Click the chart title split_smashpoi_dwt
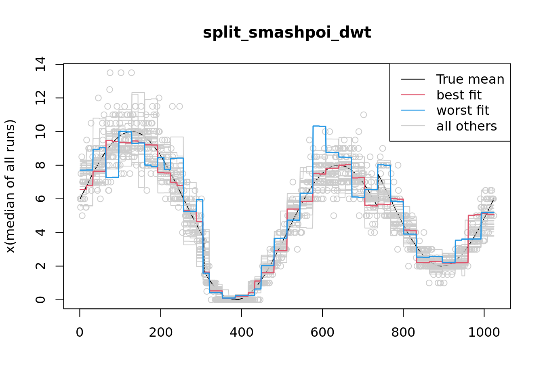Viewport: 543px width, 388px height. pyautogui.click(x=287, y=33)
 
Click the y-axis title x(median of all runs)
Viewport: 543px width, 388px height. pyautogui.click(x=11, y=186)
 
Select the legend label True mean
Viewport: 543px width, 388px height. pyautogui.click(x=470, y=79)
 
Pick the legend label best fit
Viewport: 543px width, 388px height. pyautogui.click(x=459, y=95)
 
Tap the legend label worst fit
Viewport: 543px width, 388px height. pyautogui.click(x=463, y=110)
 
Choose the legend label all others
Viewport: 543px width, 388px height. pyautogui.click(x=467, y=126)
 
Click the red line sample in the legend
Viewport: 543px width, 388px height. pyautogui.click(x=413, y=95)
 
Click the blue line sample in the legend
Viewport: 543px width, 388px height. pyautogui.click(x=413, y=110)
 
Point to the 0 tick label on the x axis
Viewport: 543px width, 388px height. pyautogui.click(x=80, y=332)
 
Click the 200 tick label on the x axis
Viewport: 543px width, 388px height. pyautogui.click(x=160, y=332)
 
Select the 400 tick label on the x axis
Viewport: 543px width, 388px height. pyautogui.click(x=241, y=332)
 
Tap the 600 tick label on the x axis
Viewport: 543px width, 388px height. pyautogui.click(x=322, y=332)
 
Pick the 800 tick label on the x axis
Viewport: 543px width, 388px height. pyautogui.click(x=403, y=332)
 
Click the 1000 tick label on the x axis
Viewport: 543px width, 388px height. pyautogui.click(x=484, y=332)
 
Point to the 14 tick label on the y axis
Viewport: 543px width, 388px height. pyautogui.click(x=40, y=64)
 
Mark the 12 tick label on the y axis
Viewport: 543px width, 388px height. pyautogui.click(x=40, y=98)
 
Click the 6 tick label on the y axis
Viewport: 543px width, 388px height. pyautogui.click(x=40, y=199)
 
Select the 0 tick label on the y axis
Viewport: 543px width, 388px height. pyautogui.click(x=40, y=299)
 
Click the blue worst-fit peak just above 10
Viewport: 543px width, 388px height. pyautogui.click(x=319, y=126)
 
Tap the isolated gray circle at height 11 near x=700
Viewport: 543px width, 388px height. pyautogui.click(x=364, y=115)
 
